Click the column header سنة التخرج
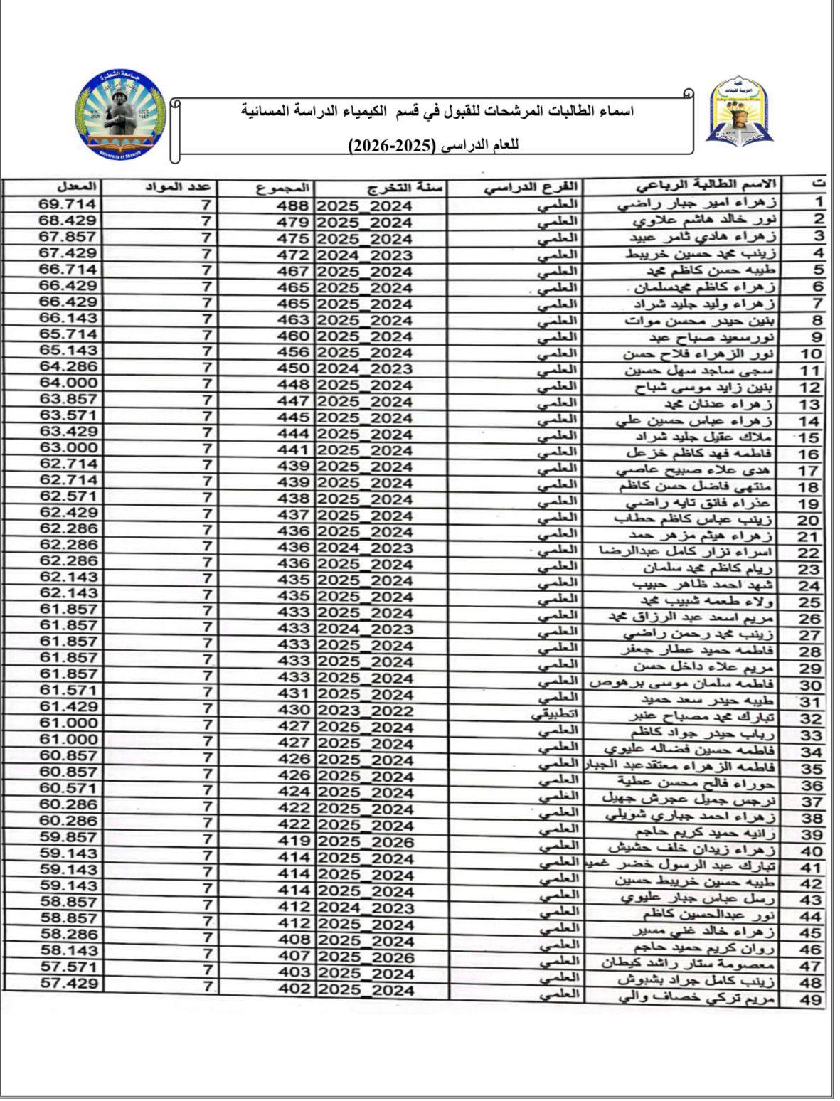(x=406, y=188)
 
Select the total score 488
(x=293, y=206)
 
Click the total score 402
(x=293, y=989)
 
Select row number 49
(x=810, y=1000)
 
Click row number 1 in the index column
(x=818, y=202)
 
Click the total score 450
(x=293, y=368)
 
